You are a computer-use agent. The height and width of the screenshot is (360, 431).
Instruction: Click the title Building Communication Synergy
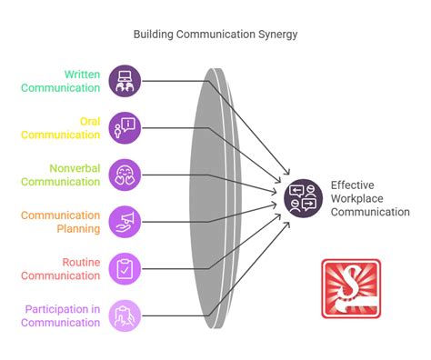tap(215, 34)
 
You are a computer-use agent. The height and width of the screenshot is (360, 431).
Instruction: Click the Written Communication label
tap(68, 81)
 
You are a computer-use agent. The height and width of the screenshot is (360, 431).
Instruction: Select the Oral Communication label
tap(68, 128)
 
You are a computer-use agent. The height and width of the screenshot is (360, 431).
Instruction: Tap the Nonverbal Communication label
tap(68, 175)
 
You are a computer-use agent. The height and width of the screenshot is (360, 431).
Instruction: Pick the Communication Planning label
tap(68, 222)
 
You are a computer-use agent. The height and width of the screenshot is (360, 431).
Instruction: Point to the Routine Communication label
tap(68, 269)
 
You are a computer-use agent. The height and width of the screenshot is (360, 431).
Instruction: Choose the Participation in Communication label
tap(63, 315)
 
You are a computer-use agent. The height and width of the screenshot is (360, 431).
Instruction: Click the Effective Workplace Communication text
tap(369, 197)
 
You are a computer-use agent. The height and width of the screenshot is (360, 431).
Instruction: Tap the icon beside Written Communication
tap(125, 81)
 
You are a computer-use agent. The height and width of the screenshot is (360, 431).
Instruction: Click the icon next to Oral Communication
tap(125, 127)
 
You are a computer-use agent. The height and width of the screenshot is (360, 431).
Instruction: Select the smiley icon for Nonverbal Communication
tap(125, 175)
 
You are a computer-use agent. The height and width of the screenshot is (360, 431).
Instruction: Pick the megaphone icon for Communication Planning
tap(125, 221)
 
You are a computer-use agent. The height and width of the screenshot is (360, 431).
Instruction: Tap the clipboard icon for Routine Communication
tap(125, 268)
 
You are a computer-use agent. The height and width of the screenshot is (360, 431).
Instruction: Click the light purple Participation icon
tap(125, 315)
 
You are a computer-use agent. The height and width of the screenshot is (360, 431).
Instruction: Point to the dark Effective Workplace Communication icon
tap(303, 197)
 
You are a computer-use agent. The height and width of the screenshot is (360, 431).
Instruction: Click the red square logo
tap(351, 288)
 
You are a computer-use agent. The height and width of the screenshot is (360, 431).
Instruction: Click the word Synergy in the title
tap(274, 34)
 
